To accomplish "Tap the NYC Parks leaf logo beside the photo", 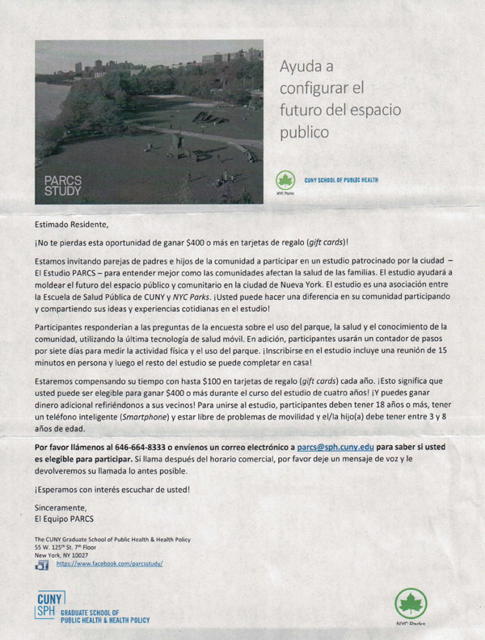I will tap(285, 180).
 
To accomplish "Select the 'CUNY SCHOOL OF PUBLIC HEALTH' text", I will tap(340, 179).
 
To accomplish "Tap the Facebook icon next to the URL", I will tap(42, 565).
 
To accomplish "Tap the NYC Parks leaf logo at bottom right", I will tap(411, 604).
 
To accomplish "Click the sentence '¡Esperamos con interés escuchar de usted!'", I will tap(112, 488).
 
